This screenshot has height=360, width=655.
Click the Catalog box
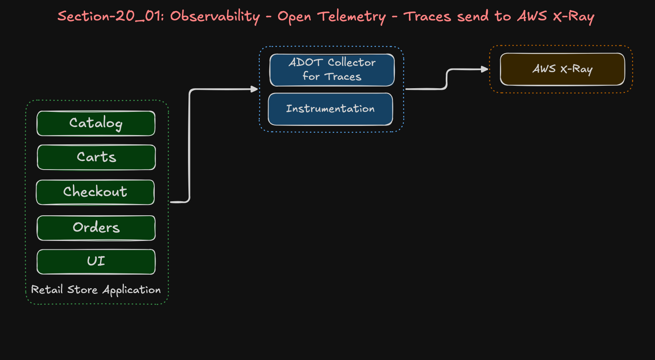[96, 123]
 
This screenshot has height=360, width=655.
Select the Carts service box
[96, 157]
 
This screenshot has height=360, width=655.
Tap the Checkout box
[95, 192]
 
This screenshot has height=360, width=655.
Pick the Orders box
[96, 228]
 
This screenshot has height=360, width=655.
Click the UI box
[96, 261]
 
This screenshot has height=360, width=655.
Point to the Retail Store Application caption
[96, 290]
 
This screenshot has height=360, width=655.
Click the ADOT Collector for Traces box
[332, 70]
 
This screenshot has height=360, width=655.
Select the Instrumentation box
[330, 109]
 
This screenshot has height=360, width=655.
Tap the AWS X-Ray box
[562, 69]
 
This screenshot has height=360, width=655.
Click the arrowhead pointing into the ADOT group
[254, 89]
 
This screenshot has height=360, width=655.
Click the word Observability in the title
[215, 17]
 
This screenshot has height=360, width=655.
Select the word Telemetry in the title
[352, 17]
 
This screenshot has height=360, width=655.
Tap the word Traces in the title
[427, 17]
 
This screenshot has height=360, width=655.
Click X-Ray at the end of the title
[573, 17]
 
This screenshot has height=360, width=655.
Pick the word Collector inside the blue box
[352, 63]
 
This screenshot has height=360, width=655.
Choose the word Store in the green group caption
[82, 289]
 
